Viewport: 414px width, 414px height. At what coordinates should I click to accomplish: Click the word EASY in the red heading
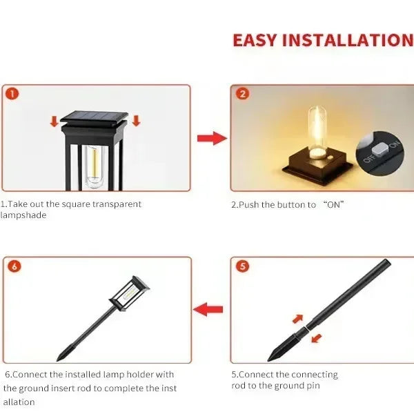[x=257, y=39]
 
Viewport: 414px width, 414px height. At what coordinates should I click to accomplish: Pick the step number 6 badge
[x=12, y=266]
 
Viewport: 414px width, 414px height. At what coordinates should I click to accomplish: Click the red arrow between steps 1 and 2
[x=210, y=139]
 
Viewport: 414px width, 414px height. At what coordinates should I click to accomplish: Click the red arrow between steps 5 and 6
[x=208, y=309]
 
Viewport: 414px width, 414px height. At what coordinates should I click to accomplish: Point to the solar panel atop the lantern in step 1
[x=96, y=117]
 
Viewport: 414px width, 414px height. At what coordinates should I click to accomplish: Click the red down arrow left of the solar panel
[x=54, y=122]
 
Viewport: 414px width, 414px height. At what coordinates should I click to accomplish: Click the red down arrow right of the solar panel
[x=136, y=122]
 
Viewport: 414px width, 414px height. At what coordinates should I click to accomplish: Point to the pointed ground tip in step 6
[x=62, y=355]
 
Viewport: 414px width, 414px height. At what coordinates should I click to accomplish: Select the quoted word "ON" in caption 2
[x=333, y=204]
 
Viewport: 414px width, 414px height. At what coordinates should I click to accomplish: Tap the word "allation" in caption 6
[x=19, y=402]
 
